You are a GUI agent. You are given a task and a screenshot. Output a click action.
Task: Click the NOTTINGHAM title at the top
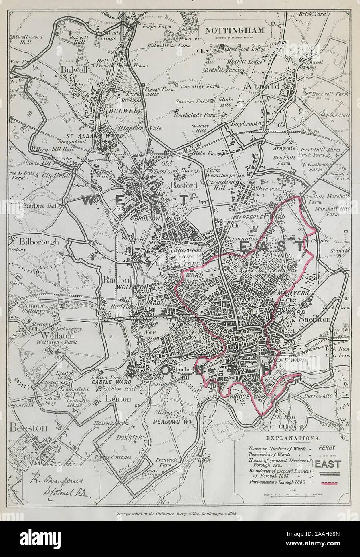click(235, 30)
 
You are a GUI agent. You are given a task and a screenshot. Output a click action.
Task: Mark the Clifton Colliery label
click(175, 412)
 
